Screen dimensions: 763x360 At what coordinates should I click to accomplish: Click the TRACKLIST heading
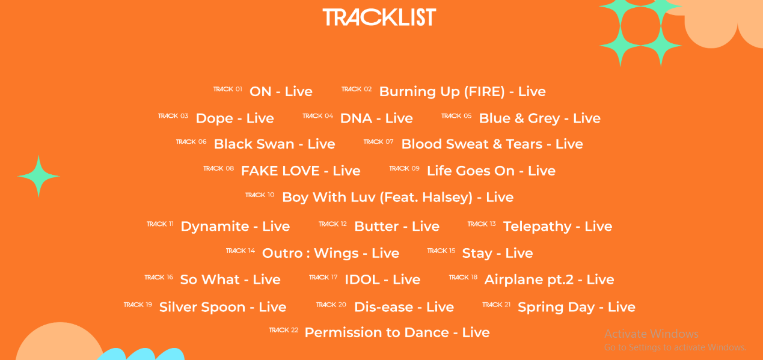coord(379,17)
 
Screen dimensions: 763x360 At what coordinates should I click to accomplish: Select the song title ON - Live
coord(281,91)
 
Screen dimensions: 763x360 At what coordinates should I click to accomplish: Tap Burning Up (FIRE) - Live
coord(462,91)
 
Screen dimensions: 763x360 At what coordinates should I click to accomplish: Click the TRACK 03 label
coord(173,116)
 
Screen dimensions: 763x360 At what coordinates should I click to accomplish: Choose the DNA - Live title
coord(376,118)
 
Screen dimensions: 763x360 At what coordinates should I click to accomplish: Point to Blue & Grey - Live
coord(540,118)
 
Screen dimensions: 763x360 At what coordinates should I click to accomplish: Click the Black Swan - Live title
coord(275,144)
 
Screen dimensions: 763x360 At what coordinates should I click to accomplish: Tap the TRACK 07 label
coord(378,142)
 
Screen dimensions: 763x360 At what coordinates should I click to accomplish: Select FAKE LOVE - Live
coord(301,171)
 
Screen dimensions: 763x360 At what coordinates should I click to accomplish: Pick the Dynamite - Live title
coord(235,227)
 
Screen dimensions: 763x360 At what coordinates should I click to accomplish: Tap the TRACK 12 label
coord(332,224)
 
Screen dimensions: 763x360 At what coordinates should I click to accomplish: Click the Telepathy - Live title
coord(558,227)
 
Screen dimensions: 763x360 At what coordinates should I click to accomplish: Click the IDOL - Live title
coord(382,279)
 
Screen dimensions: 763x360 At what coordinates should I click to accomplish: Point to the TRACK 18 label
coord(463,277)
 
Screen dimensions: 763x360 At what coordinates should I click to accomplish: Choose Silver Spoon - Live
coord(223,307)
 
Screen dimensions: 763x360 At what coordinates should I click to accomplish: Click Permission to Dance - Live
coord(397,332)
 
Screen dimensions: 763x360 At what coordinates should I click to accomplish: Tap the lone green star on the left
coord(38,176)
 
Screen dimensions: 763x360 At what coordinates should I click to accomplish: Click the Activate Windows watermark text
coord(651,334)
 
